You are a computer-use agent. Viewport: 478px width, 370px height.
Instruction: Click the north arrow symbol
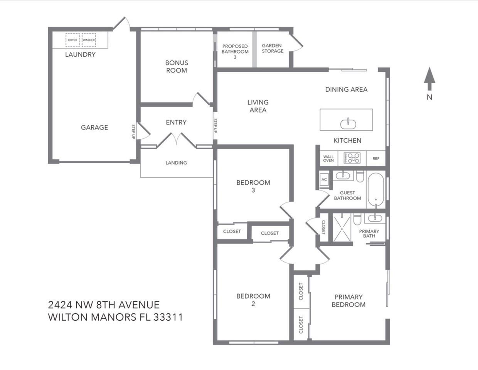point(429,79)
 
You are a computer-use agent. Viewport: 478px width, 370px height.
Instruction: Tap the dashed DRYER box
point(72,40)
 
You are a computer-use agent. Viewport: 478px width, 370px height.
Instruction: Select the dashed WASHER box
point(89,40)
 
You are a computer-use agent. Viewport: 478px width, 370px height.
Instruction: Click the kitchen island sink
point(348,124)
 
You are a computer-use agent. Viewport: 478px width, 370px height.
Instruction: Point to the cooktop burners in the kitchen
point(352,158)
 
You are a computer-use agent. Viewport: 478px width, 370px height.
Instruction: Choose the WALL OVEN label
point(328,158)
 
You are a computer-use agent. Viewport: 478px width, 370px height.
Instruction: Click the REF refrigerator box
point(376,158)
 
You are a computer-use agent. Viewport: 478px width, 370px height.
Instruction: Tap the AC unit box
point(324,179)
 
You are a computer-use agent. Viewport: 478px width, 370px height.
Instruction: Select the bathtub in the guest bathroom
point(376,190)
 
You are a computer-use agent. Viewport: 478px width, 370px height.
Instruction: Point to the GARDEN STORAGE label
point(272,48)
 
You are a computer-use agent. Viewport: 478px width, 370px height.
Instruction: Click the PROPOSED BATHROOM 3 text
point(235,52)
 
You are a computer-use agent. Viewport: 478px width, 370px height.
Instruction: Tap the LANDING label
point(176,163)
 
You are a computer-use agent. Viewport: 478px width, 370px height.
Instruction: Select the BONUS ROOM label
point(177,67)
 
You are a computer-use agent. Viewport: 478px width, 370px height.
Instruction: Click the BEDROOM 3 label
point(253,186)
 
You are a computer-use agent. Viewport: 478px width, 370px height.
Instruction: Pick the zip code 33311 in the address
point(168,317)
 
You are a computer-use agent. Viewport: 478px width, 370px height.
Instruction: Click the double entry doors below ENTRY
point(176,140)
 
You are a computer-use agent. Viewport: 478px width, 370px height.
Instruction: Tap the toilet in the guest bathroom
point(360,176)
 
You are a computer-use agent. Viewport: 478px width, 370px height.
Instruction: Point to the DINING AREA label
point(346,89)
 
